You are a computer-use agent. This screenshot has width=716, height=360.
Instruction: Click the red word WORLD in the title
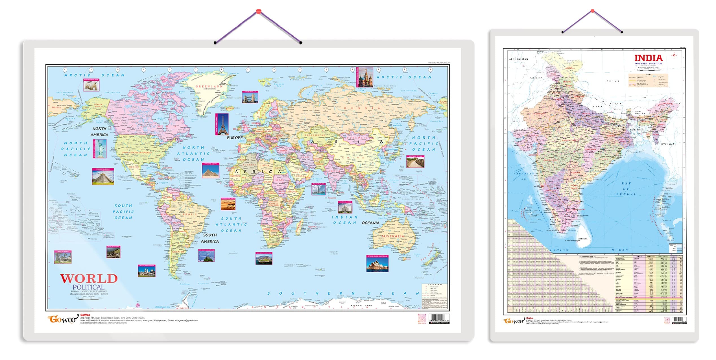pos(89,279)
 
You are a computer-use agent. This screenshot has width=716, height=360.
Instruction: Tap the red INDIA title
pos(648,58)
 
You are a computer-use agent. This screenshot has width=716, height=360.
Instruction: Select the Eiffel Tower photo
pos(222,124)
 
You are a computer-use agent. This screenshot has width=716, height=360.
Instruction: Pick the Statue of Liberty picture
pos(100,149)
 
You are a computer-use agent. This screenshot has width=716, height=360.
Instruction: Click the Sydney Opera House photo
pos(377,263)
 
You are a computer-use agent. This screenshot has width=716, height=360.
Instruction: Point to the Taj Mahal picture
pos(345,207)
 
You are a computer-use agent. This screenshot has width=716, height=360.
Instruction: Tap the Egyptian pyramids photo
pos(210,171)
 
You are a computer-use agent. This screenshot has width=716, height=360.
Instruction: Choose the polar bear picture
pos(91,85)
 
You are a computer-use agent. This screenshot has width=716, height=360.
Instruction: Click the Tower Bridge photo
pos(250,97)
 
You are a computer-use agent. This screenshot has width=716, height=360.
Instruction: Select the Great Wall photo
pos(415,162)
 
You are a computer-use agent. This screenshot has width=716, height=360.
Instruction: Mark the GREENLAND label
pos(209,86)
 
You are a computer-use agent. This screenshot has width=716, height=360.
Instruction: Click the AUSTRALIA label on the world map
pos(393,236)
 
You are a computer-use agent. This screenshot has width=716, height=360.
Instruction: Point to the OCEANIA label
pos(370,223)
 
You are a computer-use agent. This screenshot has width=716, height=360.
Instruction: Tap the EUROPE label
pos(235,138)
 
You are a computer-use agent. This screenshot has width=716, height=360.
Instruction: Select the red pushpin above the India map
pos(592,11)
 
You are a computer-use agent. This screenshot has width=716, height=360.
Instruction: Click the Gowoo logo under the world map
pos(63,319)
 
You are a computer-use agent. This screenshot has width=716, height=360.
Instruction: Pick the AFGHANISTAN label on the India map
pos(518,59)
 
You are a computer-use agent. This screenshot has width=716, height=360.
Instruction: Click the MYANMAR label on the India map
pos(667,144)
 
